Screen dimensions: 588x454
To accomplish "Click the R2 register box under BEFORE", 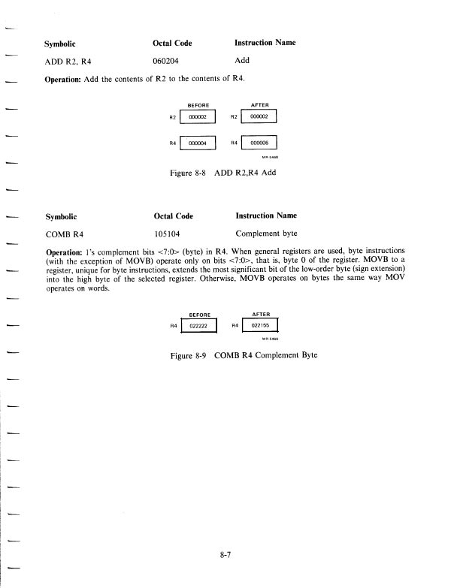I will click(198, 116).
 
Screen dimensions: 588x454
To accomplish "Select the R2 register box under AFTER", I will click(259, 116).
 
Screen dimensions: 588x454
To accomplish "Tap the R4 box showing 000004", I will click(198, 143).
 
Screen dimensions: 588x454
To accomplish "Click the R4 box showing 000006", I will click(259, 143).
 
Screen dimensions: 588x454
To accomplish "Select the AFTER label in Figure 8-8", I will click(259, 106).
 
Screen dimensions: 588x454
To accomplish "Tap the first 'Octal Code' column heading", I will click(173, 43).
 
